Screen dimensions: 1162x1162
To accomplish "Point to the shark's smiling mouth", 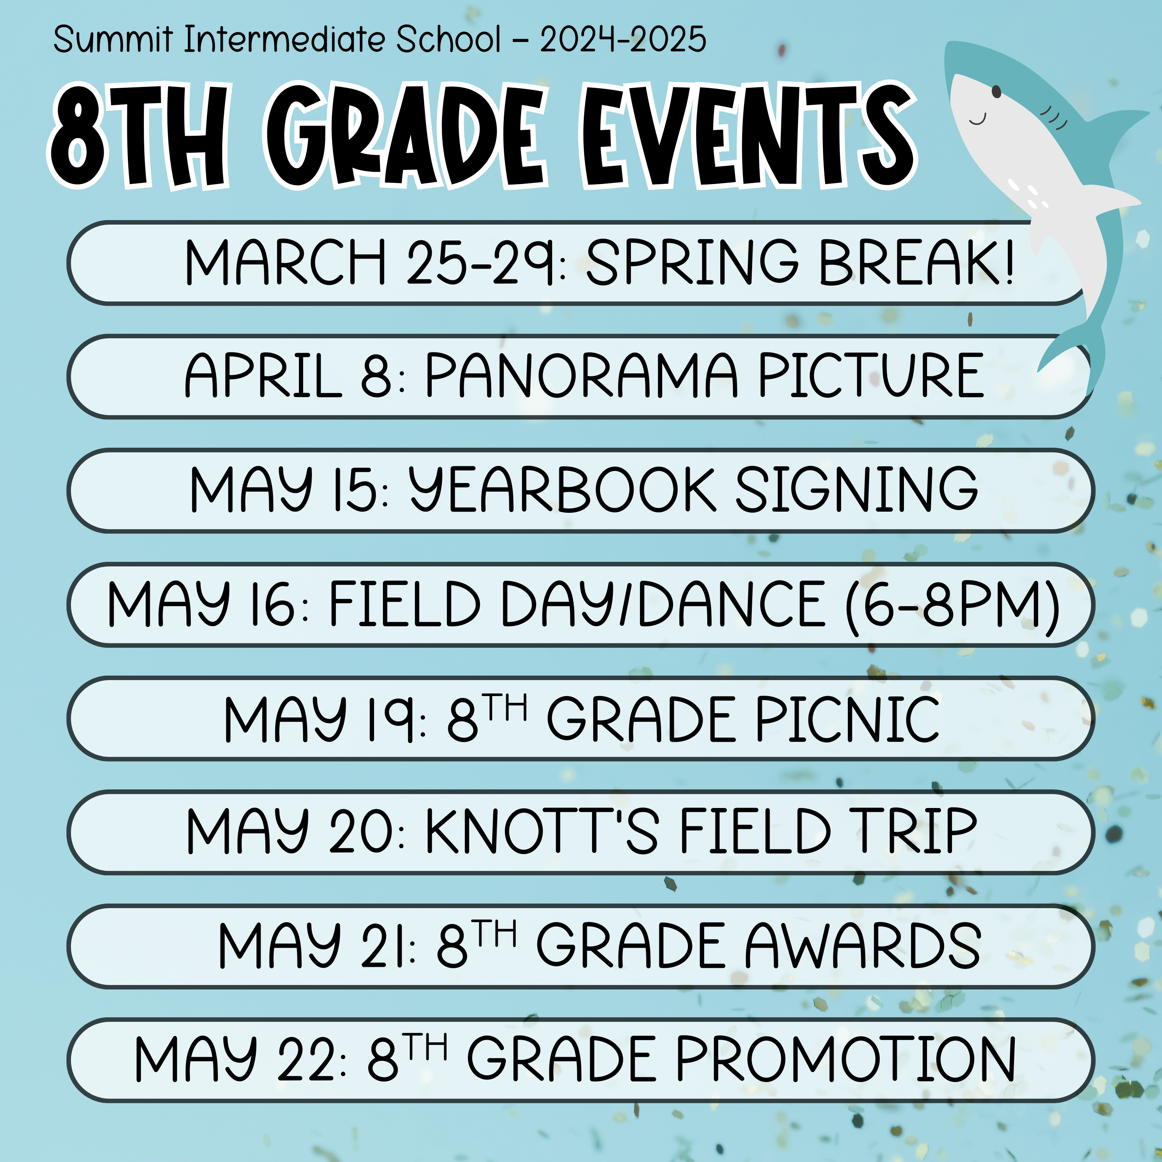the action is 978,119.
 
